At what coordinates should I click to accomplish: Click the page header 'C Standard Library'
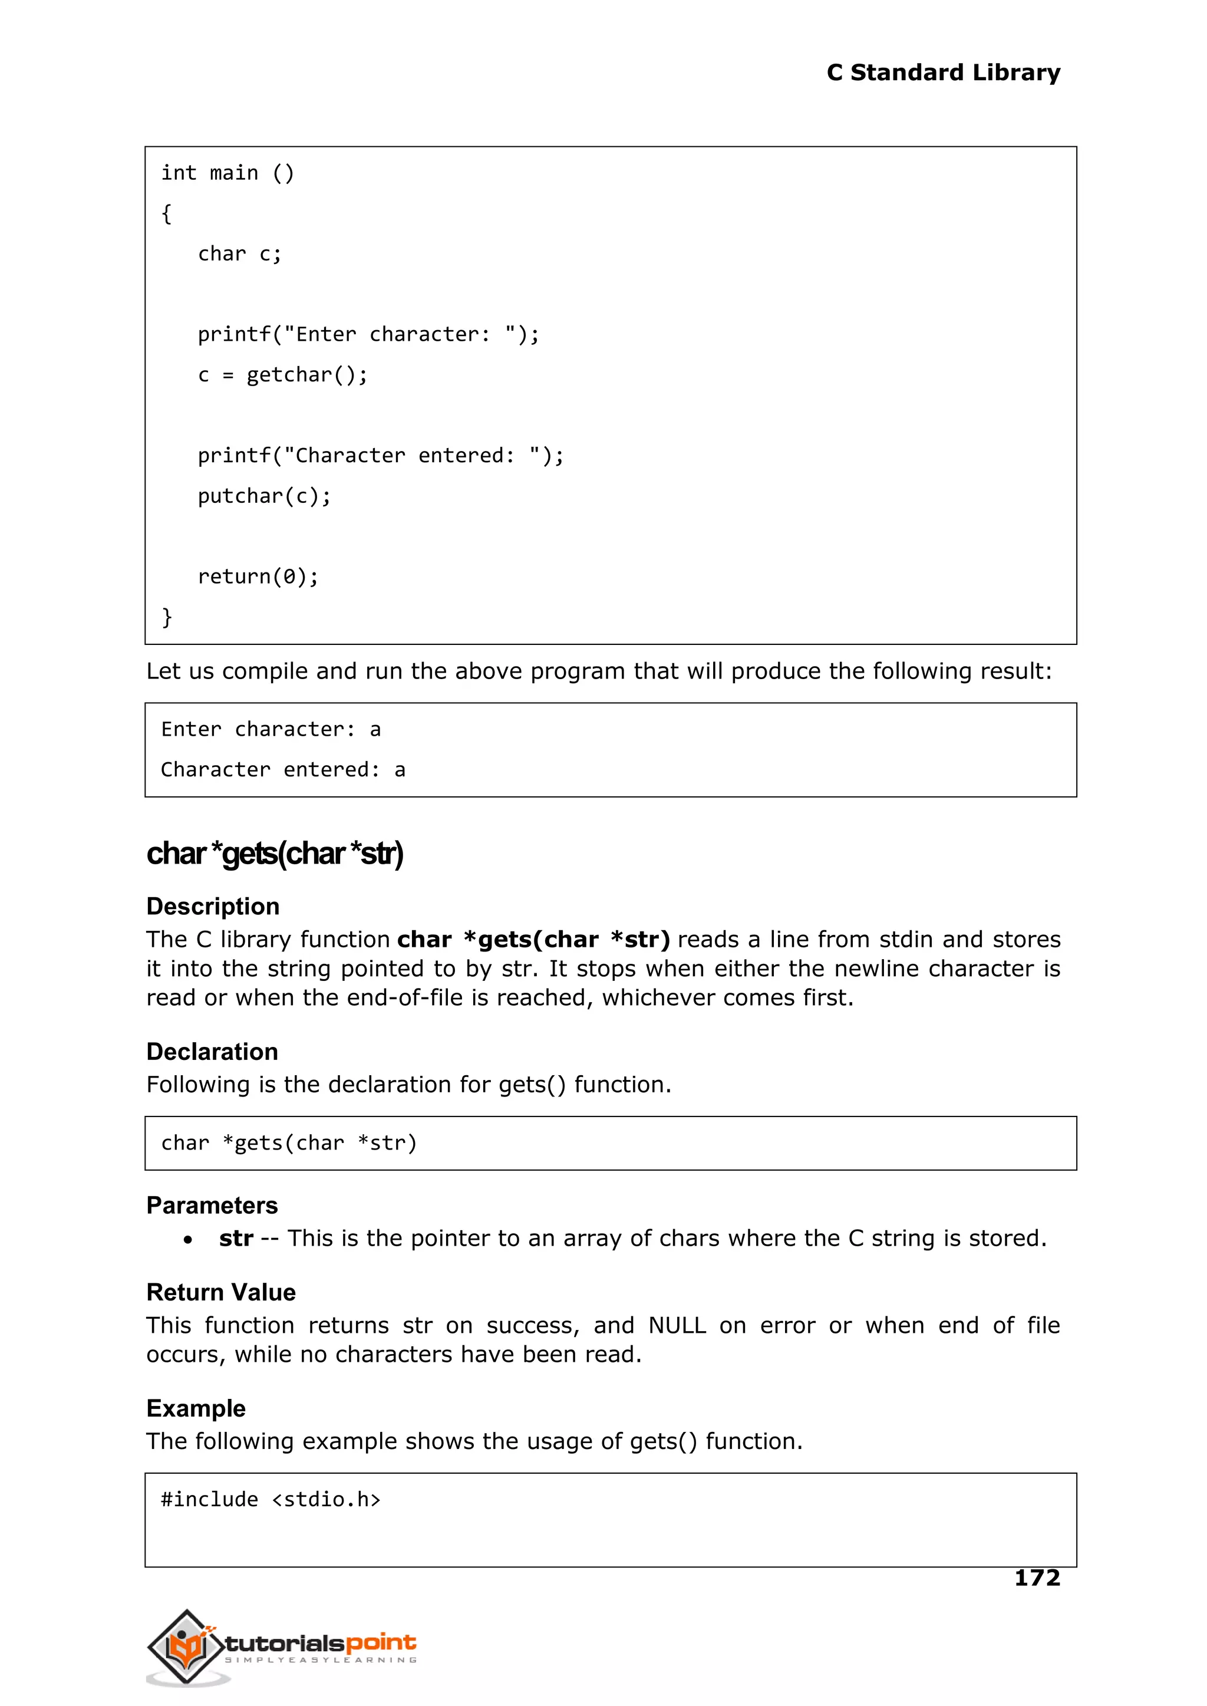pos(943,73)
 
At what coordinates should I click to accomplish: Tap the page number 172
pos(1037,1577)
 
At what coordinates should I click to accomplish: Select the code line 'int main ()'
pos(227,173)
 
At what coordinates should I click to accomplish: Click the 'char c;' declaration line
pos(239,254)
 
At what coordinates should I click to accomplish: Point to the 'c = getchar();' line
pos(282,375)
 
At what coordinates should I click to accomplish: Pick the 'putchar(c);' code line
pos(264,496)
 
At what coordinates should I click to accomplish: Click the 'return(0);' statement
pos(258,576)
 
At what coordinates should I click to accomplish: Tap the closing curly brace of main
pos(166,617)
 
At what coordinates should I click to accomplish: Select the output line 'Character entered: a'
pos(283,769)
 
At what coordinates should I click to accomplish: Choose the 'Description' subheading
pos(213,906)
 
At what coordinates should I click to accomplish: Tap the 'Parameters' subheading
pos(212,1205)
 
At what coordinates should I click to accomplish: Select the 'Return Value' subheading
pos(221,1292)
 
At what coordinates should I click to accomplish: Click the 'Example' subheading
pos(196,1408)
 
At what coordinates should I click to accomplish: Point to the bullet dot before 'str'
pos(188,1240)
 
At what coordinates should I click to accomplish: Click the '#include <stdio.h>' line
pos(271,1499)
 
